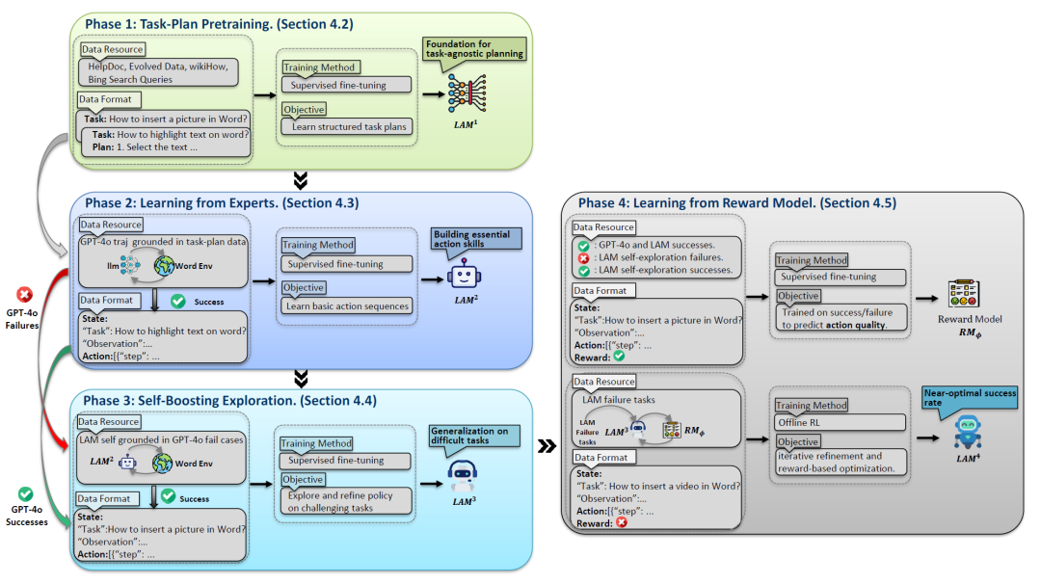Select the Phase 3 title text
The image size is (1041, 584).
click(x=227, y=400)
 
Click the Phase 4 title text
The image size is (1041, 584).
click(x=736, y=203)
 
